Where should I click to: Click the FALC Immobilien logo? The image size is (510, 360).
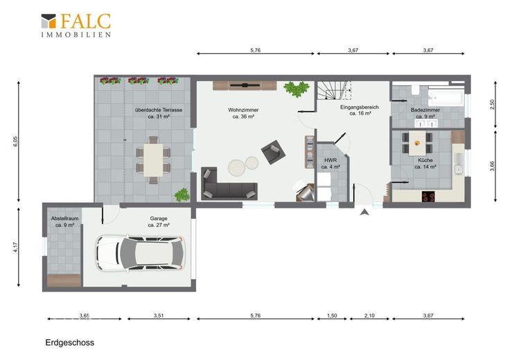tap(76, 26)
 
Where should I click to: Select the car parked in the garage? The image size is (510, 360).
tap(140, 253)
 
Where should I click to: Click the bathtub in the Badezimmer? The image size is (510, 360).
tap(446, 97)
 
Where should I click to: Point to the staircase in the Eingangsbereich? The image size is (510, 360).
tap(335, 90)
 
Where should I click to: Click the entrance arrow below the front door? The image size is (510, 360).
tap(364, 212)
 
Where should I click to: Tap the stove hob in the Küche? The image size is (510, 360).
tap(428, 196)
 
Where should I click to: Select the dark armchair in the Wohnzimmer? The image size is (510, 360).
tap(273, 152)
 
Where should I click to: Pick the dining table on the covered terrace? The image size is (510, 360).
tap(153, 160)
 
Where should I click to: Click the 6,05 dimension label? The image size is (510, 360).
tap(16, 141)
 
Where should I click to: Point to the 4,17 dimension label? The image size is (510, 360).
tap(16, 247)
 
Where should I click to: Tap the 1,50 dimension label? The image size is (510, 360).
tap(332, 316)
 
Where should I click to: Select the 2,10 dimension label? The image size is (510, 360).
tap(369, 316)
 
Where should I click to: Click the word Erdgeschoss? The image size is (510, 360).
tap(69, 343)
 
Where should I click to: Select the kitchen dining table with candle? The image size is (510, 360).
tap(417, 143)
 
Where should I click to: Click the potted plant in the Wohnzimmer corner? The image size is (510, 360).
tap(297, 89)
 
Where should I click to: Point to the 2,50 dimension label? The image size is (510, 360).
tap(492, 105)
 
